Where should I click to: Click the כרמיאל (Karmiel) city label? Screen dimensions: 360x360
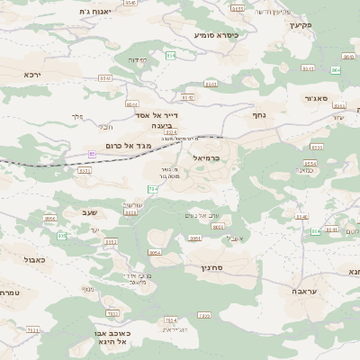[206, 157]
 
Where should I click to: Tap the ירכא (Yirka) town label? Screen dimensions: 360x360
[34, 75]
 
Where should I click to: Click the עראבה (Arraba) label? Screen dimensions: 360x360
[303, 292]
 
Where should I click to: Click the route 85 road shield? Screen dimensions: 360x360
[92, 155]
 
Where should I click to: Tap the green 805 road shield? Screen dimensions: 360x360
[62, 235]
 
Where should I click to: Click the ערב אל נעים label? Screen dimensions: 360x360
[202, 214]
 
